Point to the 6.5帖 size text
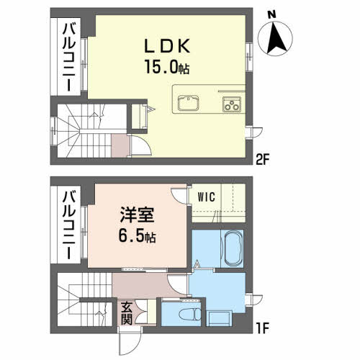pos(138,237)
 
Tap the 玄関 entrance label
pos(126,313)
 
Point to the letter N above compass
pos(271,13)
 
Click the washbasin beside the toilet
pos(220,315)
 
